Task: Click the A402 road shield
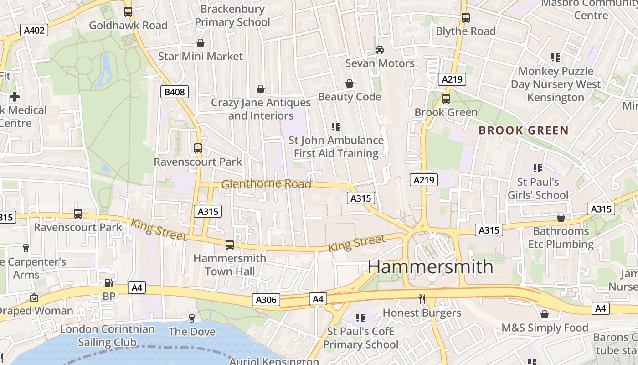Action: pos(34,31)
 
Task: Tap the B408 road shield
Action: pos(175,92)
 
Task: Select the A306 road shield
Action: pos(266,300)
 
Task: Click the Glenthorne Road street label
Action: pos(266,184)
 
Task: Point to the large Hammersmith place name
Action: pos(430,266)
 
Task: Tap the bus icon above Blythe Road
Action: pos(465,18)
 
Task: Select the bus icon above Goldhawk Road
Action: pos(128,12)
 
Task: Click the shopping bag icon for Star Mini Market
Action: pos(200,43)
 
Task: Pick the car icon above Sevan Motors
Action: pos(379,49)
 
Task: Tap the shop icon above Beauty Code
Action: pos(349,83)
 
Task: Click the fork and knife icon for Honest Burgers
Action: pos(422,299)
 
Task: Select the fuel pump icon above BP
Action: pos(108,283)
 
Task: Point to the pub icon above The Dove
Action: pos(192,318)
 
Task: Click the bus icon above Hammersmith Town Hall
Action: pos(229,245)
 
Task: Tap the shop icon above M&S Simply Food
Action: pos(544,315)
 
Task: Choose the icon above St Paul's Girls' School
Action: pos(538,168)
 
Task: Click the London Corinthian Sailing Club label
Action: pos(107,335)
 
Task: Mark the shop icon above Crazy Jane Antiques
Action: pos(261,89)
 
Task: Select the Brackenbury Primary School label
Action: pos(232,16)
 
